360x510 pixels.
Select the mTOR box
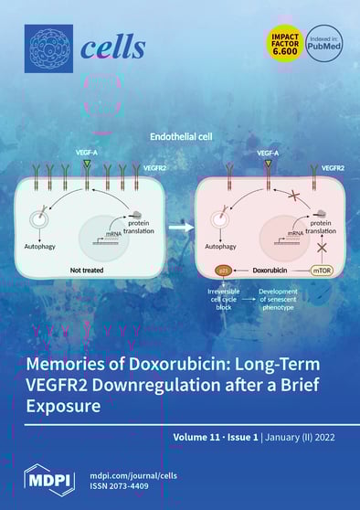[321, 271]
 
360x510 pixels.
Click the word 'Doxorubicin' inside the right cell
[271, 271]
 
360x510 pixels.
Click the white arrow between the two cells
[180, 222]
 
